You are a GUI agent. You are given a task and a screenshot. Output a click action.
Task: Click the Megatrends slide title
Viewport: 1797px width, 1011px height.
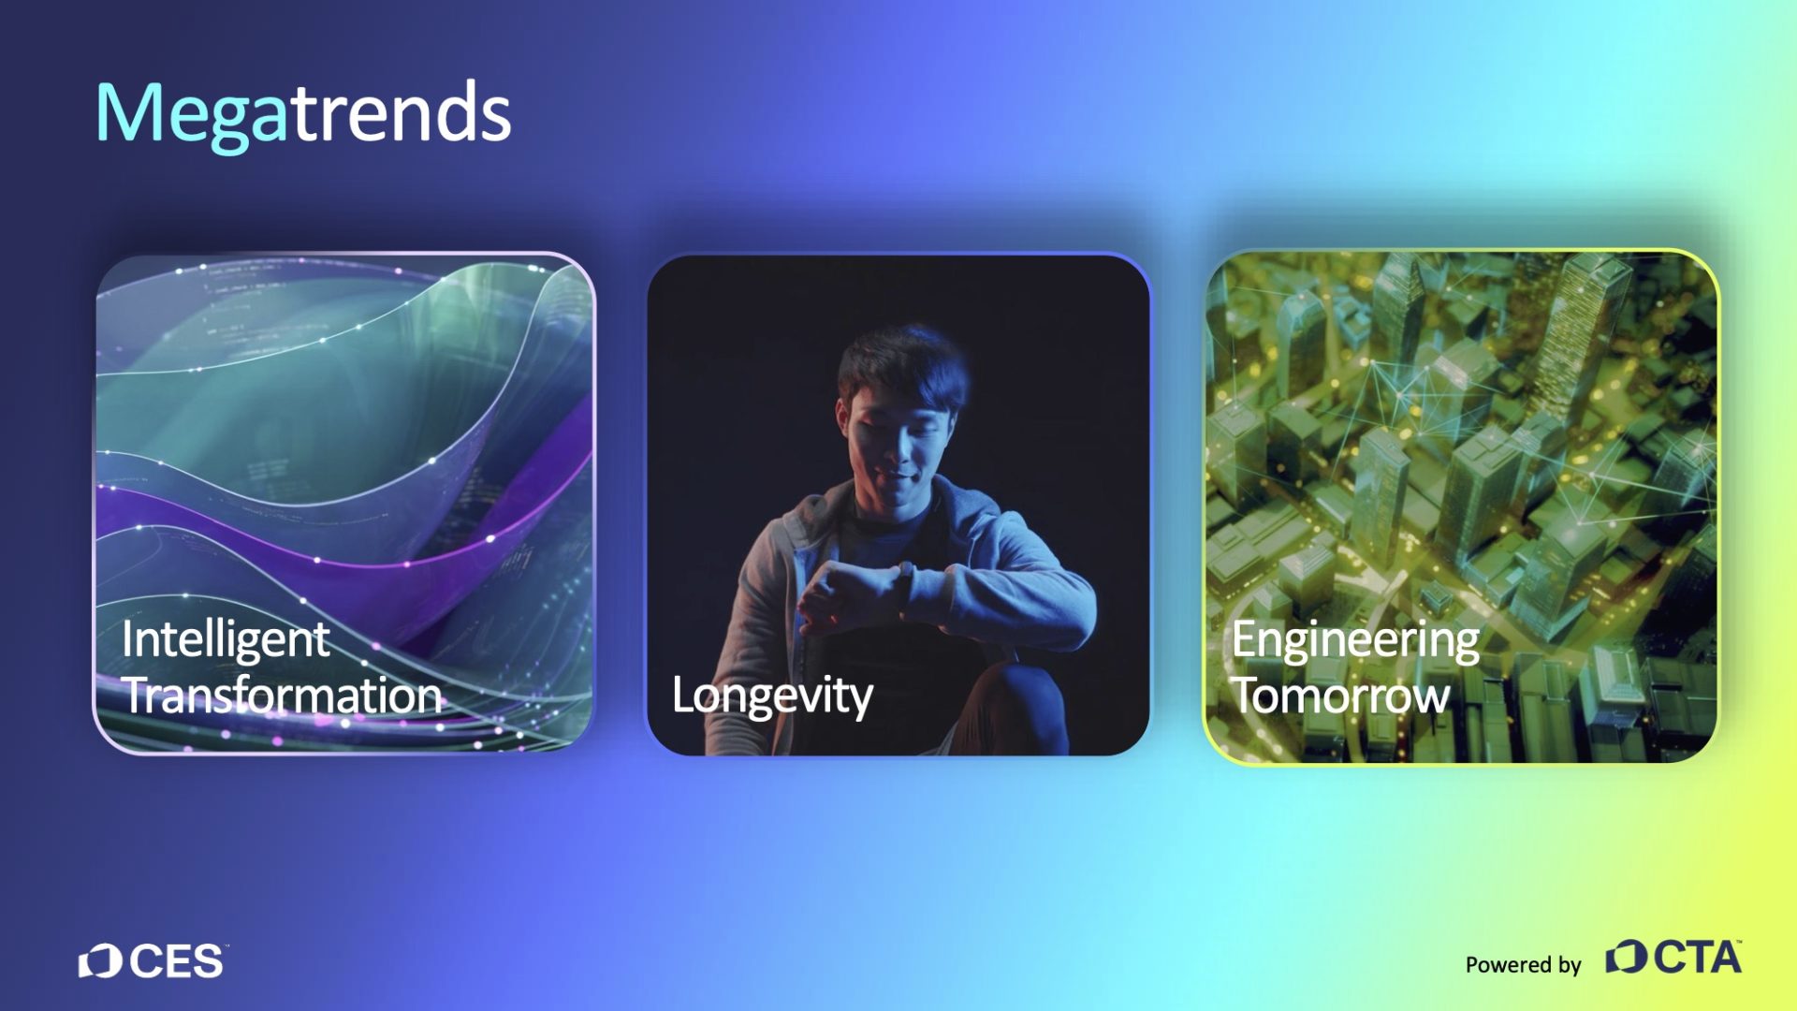pyautogui.click(x=303, y=114)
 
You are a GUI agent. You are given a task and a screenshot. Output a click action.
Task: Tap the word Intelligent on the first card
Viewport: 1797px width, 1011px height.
pyautogui.click(x=226, y=642)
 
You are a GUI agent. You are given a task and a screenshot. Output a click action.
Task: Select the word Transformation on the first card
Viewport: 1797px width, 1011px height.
pyautogui.click(x=283, y=696)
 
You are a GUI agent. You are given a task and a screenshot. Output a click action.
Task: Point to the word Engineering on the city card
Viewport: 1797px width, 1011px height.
pyautogui.click(x=1355, y=642)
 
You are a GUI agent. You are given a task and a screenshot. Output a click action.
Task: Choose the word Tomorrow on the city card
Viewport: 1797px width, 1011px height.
pyautogui.click(x=1340, y=696)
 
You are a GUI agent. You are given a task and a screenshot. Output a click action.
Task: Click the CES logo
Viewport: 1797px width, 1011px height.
pyautogui.click(x=152, y=961)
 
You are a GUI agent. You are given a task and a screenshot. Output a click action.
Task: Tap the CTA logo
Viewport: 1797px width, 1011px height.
pyautogui.click(x=1673, y=957)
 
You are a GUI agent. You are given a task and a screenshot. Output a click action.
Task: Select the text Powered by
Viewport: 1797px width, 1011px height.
pyautogui.click(x=1523, y=964)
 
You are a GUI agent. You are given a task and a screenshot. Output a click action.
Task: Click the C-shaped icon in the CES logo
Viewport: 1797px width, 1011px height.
pyautogui.click(x=100, y=961)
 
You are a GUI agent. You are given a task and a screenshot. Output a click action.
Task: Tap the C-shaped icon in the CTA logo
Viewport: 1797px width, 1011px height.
pyautogui.click(x=1627, y=957)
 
